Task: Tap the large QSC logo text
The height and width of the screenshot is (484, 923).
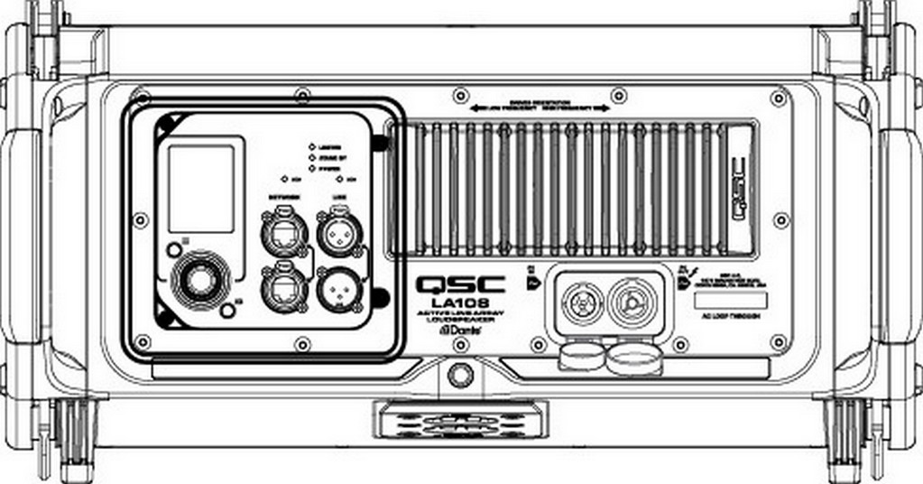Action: [454, 284]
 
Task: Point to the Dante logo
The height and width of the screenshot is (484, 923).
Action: [459, 331]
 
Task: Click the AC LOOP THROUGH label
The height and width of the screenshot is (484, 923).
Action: [730, 316]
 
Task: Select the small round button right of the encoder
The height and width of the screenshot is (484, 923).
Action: [228, 311]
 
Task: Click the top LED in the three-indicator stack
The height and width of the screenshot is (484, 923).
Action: [312, 146]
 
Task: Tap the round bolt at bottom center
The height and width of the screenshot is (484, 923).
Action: [460, 374]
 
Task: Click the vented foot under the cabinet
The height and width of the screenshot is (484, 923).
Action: [460, 421]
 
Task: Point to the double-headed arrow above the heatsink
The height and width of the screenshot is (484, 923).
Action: [540, 107]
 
